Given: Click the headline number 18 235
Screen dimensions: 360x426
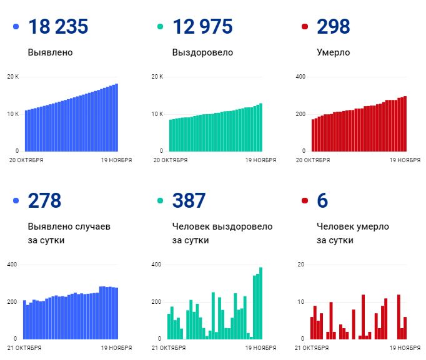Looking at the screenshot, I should pos(58,27).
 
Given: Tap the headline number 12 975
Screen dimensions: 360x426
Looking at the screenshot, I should pos(202,27).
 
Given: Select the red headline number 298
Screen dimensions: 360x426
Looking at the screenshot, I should pos(334,27).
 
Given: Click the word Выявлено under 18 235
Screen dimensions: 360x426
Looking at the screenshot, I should pos(50,52).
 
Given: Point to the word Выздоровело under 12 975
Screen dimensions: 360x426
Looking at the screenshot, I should pos(202,52).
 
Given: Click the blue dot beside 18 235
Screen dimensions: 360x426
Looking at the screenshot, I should pos(16,27).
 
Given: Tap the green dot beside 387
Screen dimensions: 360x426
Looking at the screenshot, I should pos(160,200).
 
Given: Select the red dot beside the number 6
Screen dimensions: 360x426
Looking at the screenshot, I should pos(305,200).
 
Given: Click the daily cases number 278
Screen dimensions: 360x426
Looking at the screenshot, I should pos(44,200).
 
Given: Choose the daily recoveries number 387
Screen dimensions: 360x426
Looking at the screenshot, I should pos(189,200).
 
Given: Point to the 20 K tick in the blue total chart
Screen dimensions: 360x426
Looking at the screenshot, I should pos(12,77).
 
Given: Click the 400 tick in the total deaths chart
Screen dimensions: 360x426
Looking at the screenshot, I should pos(300,77).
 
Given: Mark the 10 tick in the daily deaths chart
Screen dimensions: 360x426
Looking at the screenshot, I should pos(300,302).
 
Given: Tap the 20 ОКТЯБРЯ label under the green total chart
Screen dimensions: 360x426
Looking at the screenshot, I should pos(171,160).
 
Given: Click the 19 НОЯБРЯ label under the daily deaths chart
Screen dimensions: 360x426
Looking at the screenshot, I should pos(405,348).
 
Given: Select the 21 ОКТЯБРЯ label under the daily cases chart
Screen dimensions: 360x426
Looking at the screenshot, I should pos(26,348).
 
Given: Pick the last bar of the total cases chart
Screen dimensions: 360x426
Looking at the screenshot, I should pos(116,117).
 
